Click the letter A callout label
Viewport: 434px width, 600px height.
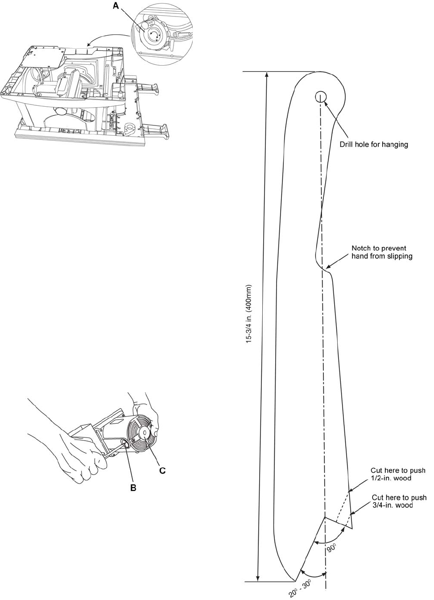pos(116,5)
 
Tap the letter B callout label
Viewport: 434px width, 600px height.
pos(133,488)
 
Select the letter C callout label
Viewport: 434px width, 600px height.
pos(162,471)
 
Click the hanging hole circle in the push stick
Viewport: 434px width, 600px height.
pos(321,96)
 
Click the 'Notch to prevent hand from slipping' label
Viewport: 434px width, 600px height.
pos(382,252)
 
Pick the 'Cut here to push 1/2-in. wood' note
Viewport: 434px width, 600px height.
pos(397,474)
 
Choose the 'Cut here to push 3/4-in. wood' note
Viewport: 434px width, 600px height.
pos(399,501)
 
